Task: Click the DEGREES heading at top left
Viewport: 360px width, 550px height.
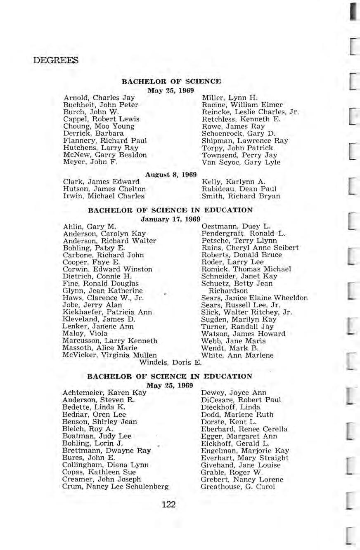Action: coord(56,61)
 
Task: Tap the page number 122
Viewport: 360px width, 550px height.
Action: coord(169,504)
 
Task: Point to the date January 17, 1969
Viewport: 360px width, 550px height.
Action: coord(171,219)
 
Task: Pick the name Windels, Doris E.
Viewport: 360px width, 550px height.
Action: coord(171,363)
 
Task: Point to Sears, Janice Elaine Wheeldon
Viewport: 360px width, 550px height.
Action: coord(254,298)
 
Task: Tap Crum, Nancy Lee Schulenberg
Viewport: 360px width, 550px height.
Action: coord(115,487)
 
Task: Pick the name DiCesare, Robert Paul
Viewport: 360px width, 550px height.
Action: coord(241,399)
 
